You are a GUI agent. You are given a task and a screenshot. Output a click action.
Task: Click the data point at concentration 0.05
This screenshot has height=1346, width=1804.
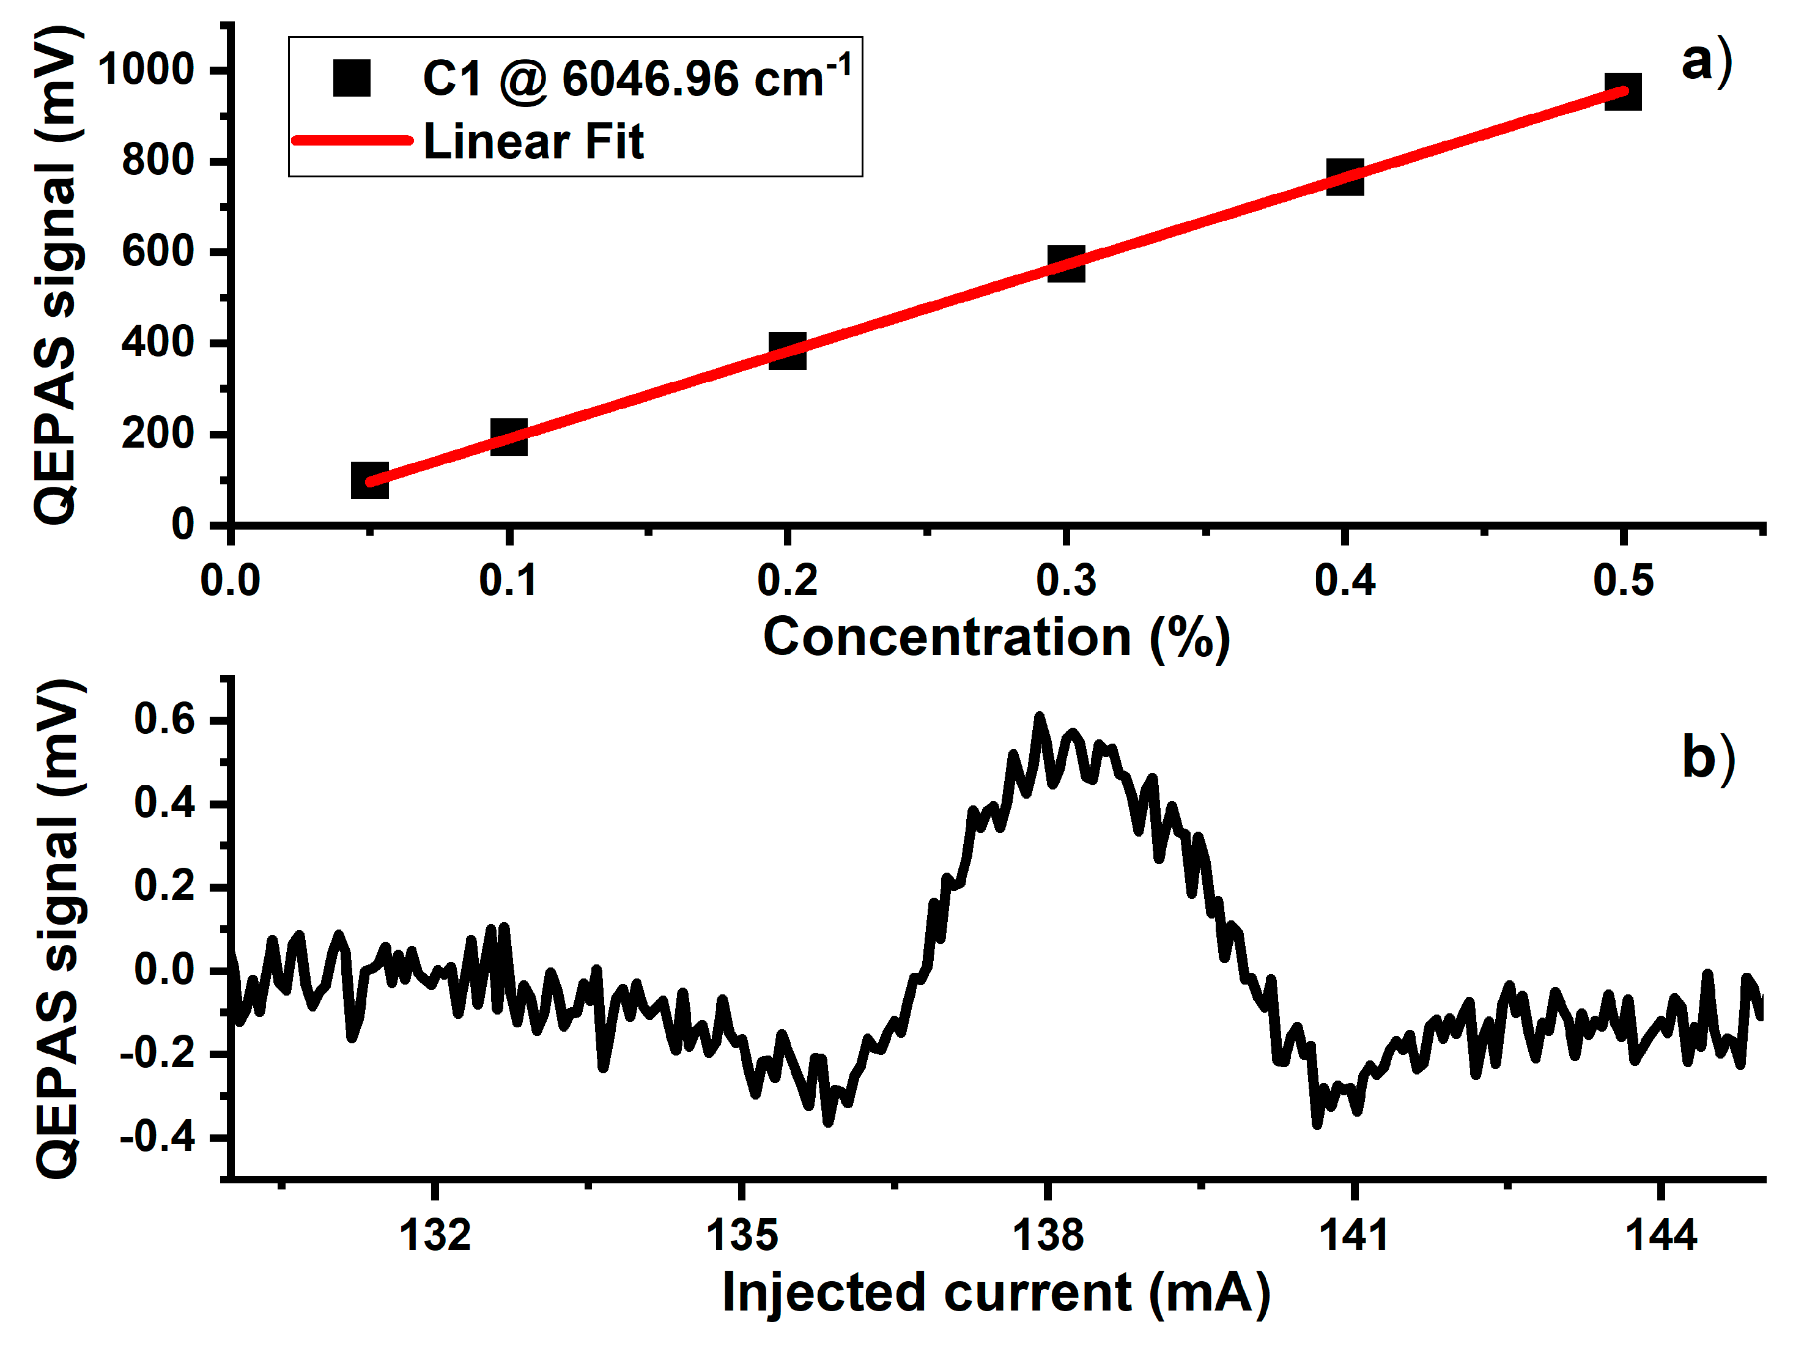coord(369,480)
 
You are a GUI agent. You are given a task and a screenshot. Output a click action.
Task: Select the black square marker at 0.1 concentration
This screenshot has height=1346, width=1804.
coord(508,437)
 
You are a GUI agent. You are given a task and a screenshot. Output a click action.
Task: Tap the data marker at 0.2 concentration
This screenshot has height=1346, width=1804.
coord(787,350)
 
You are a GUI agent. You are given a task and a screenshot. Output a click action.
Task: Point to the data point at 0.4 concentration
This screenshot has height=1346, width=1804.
coord(1345,177)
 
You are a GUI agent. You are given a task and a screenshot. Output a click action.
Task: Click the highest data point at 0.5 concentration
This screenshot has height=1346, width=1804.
coord(1622,91)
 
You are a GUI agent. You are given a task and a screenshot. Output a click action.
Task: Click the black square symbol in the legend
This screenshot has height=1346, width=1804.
coord(352,78)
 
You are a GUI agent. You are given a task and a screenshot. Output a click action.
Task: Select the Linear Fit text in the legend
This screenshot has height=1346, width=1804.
coord(534,142)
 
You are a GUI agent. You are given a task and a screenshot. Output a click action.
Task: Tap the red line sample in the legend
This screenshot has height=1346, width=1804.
coord(352,140)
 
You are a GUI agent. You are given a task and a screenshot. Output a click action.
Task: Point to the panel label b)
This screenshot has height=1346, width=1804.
coord(1708,758)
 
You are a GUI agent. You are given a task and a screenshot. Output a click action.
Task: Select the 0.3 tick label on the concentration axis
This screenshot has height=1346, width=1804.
coord(1066,580)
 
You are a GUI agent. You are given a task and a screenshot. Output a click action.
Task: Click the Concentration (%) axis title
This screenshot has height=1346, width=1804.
coord(996,637)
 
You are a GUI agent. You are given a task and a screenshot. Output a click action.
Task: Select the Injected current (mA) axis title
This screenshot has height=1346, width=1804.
coord(996,1292)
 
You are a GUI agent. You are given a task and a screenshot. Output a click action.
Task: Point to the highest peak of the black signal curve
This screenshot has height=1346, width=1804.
coord(1039,718)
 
